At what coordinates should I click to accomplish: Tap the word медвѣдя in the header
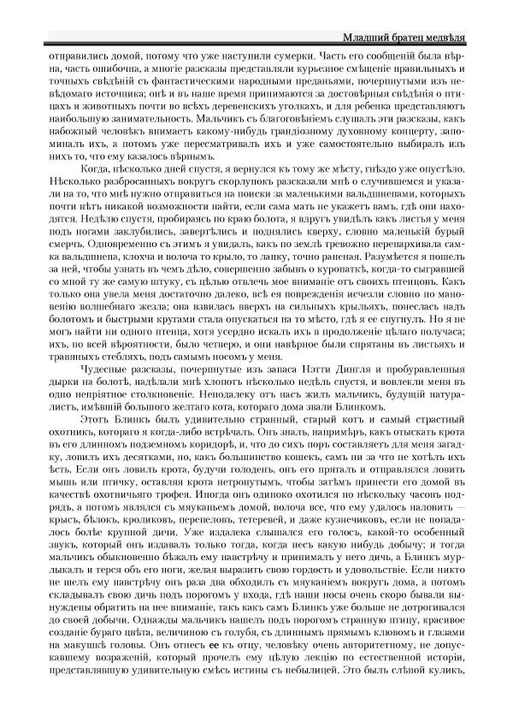coord(465,38)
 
